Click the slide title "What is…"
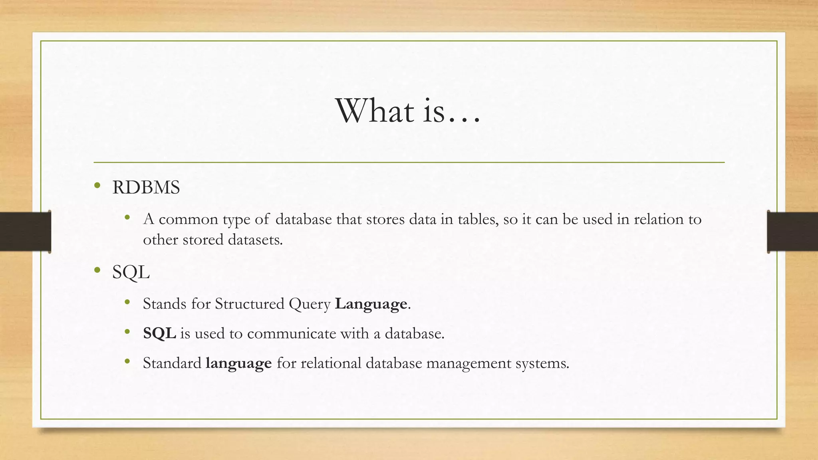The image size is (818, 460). pyautogui.click(x=408, y=111)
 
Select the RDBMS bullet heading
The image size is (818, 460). pyautogui.click(x=146, y=187)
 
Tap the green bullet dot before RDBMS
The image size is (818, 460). pyautogui.click(x=97, y=185)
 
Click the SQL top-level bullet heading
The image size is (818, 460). pyautogui.click(x=131, y=272)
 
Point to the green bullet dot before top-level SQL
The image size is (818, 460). pyautogui.click(x=97, y=270)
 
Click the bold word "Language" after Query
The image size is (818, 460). pyautogui.click(x=371, y=304)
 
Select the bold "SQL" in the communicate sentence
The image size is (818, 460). pyautogui.click(x=159, y=333)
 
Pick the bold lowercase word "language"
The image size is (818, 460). pyautogui.click(x=238, y=363)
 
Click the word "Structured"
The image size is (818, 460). pyautogui.click(x=250, y=304)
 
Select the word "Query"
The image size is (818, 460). pyautogui.click(x=310, y=304)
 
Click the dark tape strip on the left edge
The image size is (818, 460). pyautogui.click(x=25, y=232)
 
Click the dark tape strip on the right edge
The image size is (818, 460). pyautogui.click(x=792, y=232)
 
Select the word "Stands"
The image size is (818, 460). pyautogui.click(x=165, y=304)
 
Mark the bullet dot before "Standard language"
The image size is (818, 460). pyautogui.click(x=127, y=361)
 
